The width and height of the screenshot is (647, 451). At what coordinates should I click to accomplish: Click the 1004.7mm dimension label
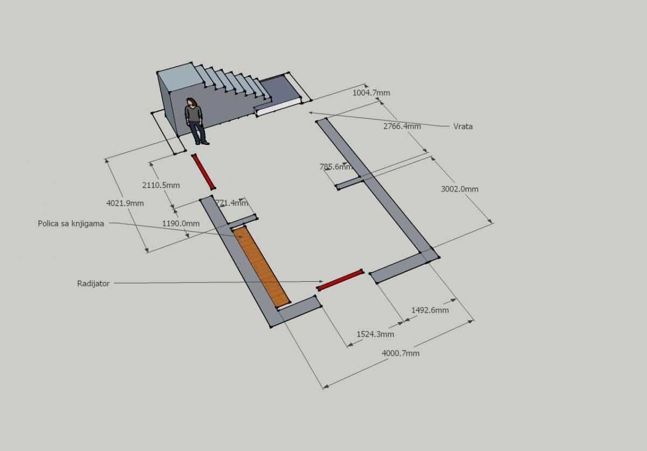click(371, 93)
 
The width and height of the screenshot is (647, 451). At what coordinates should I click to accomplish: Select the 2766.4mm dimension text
click(402, 126)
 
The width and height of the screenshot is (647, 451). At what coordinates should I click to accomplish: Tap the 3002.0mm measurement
click(459, 189)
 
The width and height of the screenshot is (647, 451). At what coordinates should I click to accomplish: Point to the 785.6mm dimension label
click(335, 166)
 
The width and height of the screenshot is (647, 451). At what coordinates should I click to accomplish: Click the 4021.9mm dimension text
click(125, 203)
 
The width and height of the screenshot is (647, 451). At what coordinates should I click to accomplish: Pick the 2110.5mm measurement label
click(161, 185)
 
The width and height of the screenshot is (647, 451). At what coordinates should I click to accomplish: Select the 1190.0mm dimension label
click(181, 224)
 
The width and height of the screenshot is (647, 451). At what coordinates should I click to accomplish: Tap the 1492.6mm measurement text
click(430, 310)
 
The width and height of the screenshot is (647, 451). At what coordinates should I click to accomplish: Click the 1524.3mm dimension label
click(375, 334)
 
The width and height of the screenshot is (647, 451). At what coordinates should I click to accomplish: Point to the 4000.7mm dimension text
click(400, 353)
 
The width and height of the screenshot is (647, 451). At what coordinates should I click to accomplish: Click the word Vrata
click(463, 127)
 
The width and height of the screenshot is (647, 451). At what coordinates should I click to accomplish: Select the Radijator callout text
click(93, 283)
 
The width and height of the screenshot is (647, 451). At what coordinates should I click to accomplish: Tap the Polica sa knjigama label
click(71, 224)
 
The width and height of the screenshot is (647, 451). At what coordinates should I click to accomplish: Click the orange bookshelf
click(261, 267)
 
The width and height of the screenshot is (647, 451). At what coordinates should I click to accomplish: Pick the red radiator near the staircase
click(203, 171)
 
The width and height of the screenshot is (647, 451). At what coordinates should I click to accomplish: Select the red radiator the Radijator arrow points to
click(340, 280)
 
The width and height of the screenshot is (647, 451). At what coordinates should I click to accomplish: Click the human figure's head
click(191, 102)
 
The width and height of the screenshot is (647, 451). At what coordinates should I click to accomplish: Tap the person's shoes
click(202, 143)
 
